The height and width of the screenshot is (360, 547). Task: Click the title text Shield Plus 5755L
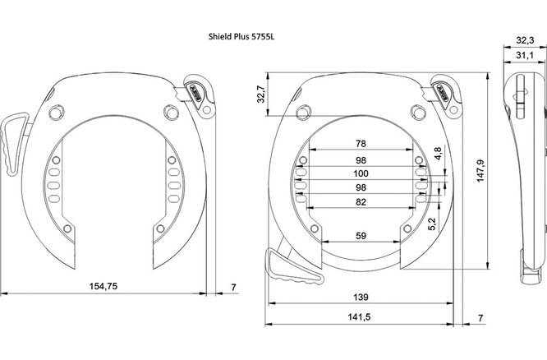coord(247,37)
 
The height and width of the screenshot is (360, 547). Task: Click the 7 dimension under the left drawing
coord(233,286)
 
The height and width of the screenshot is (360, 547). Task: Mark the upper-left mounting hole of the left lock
coord(55,112)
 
